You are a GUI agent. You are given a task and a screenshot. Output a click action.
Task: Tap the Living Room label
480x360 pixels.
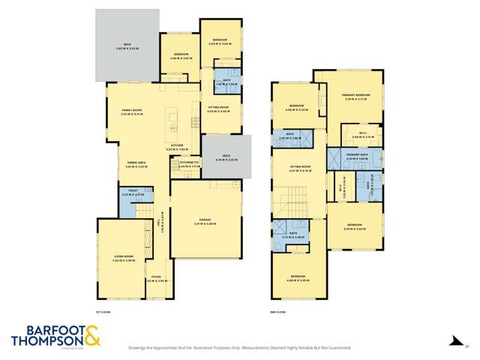pos(123,257)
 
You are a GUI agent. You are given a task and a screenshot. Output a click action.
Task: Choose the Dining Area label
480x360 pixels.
pos(135,164)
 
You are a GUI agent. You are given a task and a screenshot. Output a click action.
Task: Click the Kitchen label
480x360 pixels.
pos(177,145)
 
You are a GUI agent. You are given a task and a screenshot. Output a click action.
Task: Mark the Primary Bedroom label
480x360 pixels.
pos(356,96)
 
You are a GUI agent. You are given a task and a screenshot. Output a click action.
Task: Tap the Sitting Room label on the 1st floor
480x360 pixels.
pos(219,109)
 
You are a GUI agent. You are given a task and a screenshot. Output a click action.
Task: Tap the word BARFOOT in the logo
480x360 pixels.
pos(48,330)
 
